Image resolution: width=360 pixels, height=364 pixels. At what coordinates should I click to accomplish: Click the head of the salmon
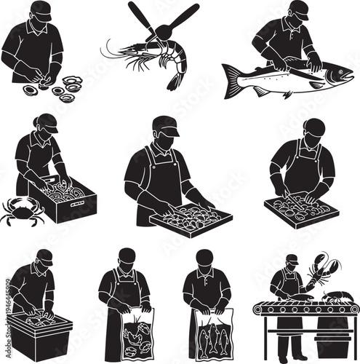click(338, 74)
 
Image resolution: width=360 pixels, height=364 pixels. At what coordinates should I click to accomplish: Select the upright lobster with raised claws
click(318, 274)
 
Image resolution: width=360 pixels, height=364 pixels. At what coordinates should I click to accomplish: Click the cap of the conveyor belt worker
click(292, 258)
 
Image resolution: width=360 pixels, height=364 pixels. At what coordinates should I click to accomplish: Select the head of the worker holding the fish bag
click(204, 258)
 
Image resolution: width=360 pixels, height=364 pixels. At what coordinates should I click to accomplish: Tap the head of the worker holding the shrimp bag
click(127, 257)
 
